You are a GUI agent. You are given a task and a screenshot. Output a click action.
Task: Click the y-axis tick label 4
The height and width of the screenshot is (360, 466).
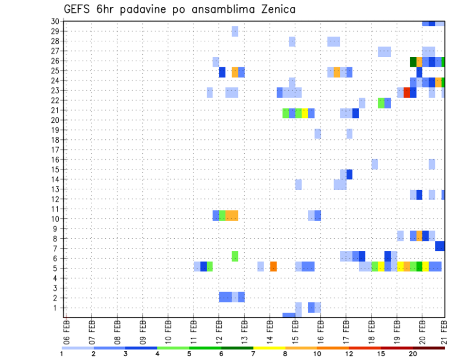(x=57, y=278)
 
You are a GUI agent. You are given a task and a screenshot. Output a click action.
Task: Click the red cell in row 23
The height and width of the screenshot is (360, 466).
(x=407, y=92)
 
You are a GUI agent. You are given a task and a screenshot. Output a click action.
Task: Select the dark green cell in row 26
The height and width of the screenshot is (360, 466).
(x=413, y=62)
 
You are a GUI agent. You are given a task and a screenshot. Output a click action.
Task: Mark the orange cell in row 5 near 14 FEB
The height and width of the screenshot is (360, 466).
(x=273, y=266)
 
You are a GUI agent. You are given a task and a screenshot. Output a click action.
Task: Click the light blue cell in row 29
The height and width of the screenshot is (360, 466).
(x=235, y=32)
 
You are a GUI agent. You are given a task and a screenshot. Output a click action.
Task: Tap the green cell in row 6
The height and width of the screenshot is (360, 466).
(x=235, y=256)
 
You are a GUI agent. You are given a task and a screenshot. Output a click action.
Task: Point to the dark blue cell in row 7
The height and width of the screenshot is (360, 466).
(x=440, y=246)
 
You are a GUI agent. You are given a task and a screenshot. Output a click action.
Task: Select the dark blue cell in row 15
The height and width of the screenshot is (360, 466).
(x=349, y=174)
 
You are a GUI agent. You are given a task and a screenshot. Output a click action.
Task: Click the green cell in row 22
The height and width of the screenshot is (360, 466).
(x=381, y=103)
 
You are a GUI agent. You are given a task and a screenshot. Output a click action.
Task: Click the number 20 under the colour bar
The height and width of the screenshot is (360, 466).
(x=413, y=354)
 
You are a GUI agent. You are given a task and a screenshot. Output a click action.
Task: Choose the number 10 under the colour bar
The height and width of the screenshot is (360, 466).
(x=317, y=354)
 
